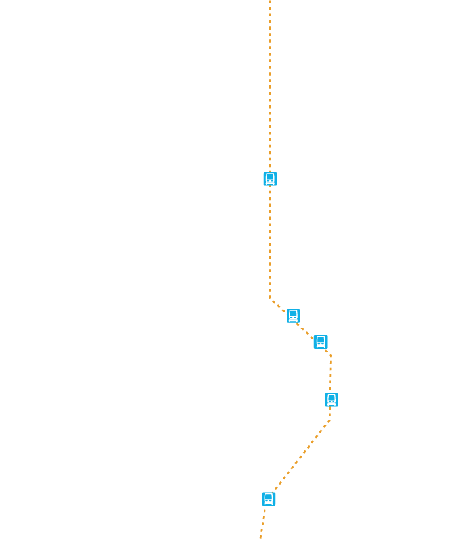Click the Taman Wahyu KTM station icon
[x=269, y=179]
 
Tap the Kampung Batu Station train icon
[x=293, y=316]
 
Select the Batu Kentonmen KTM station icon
[x=321, y=342]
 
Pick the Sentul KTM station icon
[x=331, y=400]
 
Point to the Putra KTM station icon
[x=269, y=499]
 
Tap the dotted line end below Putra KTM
[x=260, y=537]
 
